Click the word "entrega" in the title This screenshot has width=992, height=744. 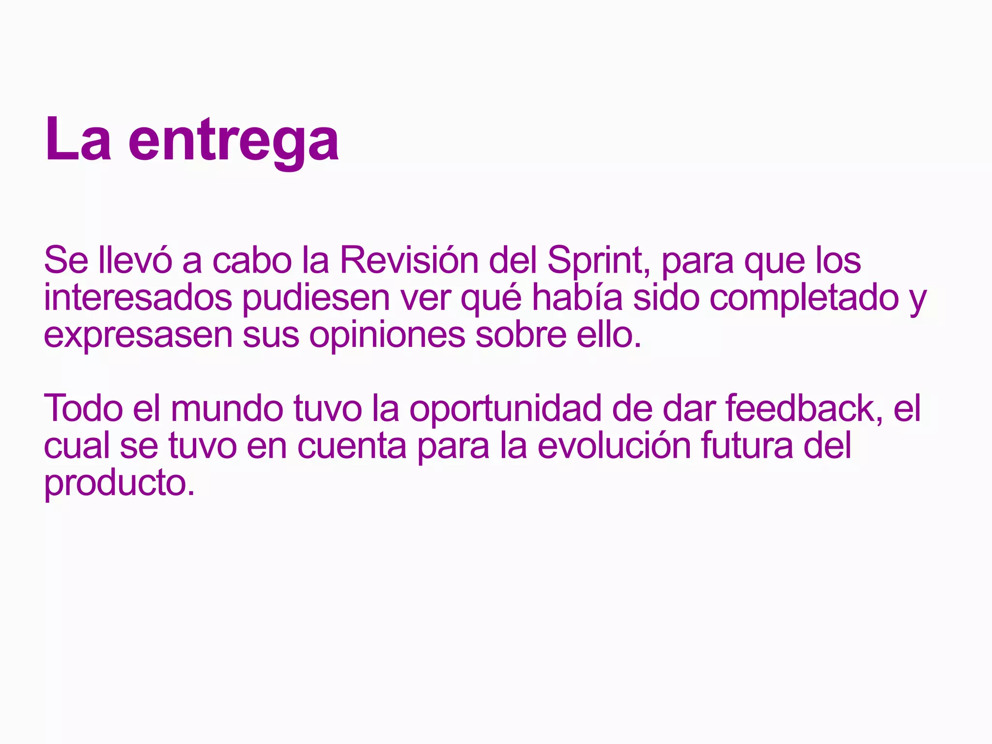coord(233,141)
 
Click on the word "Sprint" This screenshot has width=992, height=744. coord(599,262)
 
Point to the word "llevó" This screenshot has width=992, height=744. coord(135,261)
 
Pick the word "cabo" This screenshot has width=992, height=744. coord(252,261)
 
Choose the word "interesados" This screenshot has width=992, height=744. coord(138,298)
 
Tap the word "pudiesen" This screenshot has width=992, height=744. coord(316,299)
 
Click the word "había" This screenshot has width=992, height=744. coord(577,298)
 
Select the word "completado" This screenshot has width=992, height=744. coord(804,299)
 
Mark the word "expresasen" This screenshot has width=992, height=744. coord(138,336)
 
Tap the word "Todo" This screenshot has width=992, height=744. coord(83,408)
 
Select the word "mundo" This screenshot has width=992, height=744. coord(227,408)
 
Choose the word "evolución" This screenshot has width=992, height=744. coord(614,446)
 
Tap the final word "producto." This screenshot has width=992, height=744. coord(119,483)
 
